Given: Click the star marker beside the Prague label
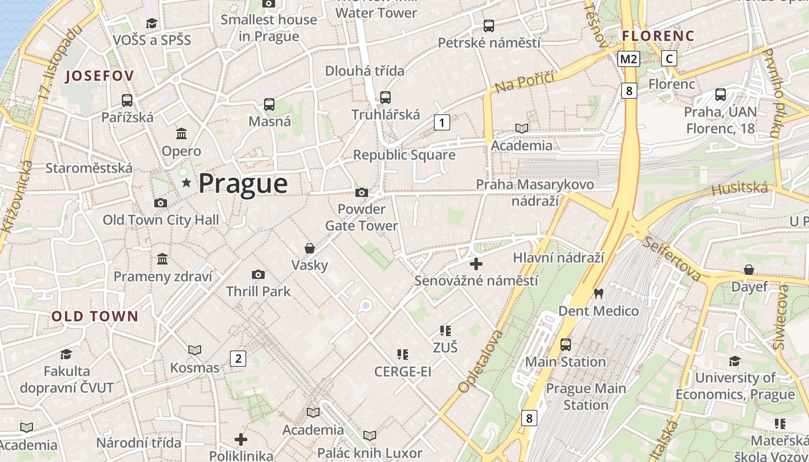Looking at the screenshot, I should point(186,183).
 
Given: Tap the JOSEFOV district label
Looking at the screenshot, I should point(100,76).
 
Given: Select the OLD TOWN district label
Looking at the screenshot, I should point(95,316).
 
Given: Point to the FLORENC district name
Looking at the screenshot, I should point(658,36).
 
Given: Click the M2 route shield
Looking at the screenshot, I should point(629,58).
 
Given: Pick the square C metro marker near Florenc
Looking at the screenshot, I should point(669,58).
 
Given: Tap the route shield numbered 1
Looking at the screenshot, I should point(442,122).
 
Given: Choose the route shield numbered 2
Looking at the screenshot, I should point(237,359).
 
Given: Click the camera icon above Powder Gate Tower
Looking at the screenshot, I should point(362,192).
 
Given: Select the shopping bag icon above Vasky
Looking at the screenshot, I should point(310,248).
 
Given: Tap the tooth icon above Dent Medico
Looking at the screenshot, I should point(598,293).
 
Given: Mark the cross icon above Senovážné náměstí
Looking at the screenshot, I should point(476,264).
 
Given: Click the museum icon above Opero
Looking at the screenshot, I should point(181,134).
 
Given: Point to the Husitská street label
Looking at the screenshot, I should point(740,188).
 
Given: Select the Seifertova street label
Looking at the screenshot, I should point(673,258).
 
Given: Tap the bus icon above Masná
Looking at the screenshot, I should point(269,105).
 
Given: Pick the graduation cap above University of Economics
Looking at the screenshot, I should point(735,361).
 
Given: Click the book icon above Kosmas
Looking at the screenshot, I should point(195,350).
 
